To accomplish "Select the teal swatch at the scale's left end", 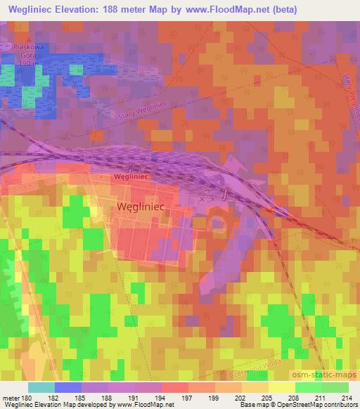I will (x=41, y=387).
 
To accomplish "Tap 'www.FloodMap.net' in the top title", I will (x=219, y=10).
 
